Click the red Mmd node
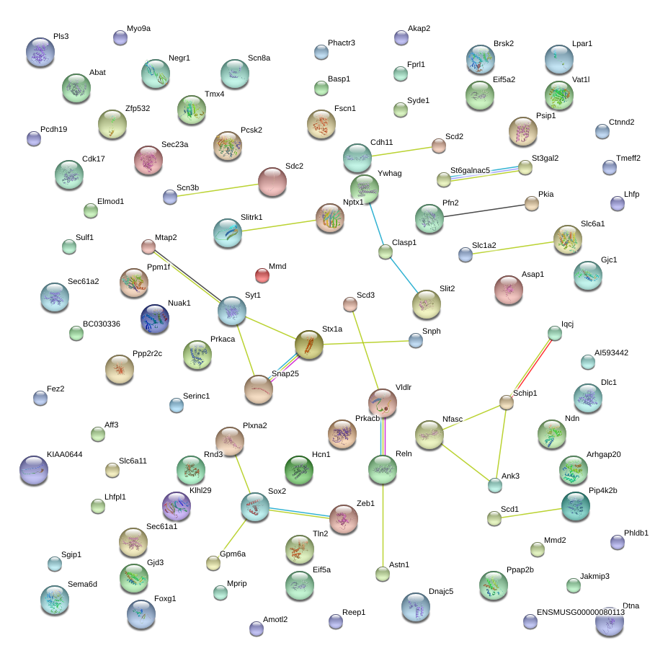[x=262, y=275]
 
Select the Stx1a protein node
[x=308, y=345]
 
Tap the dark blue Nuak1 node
[x=155, y=319]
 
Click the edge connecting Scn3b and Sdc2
[x=214, y=190]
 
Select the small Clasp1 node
[x=386, y=252]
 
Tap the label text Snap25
[x=285, y=374]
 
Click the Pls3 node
[x=40, y=52]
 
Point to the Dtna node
[x=610, y=621]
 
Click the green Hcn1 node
[x=299, y=470]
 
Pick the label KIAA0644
[x=65, y=455]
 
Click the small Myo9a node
[x=120, y=37]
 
